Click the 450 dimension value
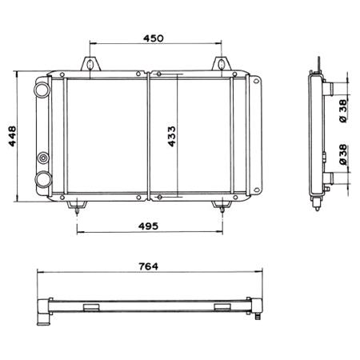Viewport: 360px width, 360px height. [154, 38]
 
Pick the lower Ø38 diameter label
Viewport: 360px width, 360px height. [342, 154]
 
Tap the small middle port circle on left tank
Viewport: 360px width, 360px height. [43, 158]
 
